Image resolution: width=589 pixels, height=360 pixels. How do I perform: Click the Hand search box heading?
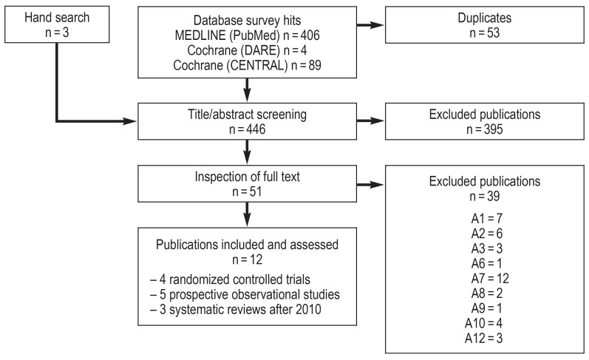pyautogui.click(x=57, y=18)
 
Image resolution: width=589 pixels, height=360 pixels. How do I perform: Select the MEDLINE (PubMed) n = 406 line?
pyautogui.click(x=247, y=35)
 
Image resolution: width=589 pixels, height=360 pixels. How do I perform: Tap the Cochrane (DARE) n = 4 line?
pyautogui.click(x=247, y=50)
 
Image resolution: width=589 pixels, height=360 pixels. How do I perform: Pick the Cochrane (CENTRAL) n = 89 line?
pyautogui.click(x=247, y=65)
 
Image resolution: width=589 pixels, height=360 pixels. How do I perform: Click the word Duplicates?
pyautogui.click(x=485, y=18)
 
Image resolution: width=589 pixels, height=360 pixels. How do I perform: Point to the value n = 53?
pyautogui.click(x=485, y=33)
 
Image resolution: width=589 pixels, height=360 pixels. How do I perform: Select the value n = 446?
pyautogui.click(x=247, y=129)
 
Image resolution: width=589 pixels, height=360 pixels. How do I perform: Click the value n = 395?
pyautogui.click(x=485, y=129)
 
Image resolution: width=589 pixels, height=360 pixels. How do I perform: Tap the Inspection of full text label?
pyautogui.click(x=247, y=177)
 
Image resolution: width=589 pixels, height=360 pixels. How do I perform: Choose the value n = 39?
pyautogui.click(x=485, y=196)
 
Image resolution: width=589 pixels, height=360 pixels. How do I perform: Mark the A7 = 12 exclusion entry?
pyautogui.click(x=490, y=279)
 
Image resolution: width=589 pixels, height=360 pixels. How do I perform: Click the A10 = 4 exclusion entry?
pyautogui.click(x=483, y=323)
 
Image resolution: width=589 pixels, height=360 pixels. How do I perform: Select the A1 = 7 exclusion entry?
pyautogui.click(x=487, y=218)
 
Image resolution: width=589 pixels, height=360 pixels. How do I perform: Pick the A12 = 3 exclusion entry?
pyautogui.click(x=483, y=339)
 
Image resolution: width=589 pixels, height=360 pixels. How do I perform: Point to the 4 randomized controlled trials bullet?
pyautogui.click(x=230, y=279)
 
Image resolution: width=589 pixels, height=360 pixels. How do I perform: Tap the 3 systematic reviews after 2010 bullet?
pyautogui.click(x=236, y=310)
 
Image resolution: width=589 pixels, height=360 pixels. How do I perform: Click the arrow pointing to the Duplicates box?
pyautogui.click(x=370, y=25)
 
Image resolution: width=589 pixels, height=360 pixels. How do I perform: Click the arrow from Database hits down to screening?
pyautogui.click(x=247, y=90)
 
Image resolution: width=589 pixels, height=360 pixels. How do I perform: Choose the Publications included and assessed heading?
pyautogui.click(x=247, y=245)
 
